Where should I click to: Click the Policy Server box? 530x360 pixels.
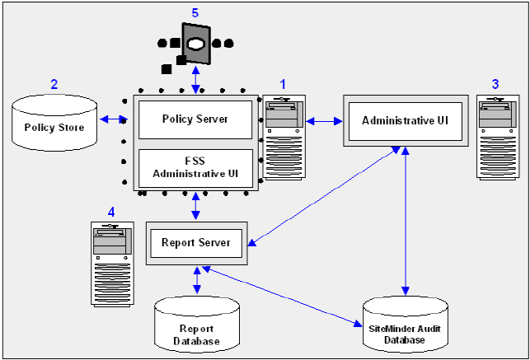(195, 119)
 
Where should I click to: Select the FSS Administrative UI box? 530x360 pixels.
(195, 167)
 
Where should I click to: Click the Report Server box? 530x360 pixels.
(195, 242)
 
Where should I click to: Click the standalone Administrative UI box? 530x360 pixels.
(405, 120)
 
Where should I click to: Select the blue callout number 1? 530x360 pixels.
(283, 84)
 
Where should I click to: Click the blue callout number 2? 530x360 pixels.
(54, 83)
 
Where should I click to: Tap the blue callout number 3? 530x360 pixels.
(495, 84)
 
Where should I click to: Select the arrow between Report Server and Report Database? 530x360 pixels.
(196, 279)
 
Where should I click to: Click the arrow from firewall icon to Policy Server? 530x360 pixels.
(195, 80)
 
